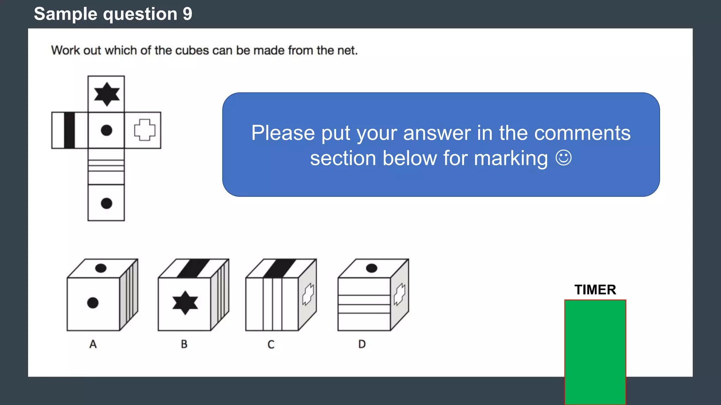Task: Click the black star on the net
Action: click(107, 94)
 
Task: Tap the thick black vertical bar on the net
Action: click(69, 130)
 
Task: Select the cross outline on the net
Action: click(144, 130)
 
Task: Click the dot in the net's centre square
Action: click(106, 130)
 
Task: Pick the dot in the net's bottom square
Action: click(106, 203)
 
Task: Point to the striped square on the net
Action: click(106, 166)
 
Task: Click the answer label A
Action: click(93, 344)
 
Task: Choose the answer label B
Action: click(184, 344)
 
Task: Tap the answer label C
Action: click(271, 344)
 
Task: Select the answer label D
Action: click(362, 344)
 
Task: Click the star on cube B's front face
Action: click(185, 303)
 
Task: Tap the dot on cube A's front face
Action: click(93, 303)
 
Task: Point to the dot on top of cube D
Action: click(371, 268)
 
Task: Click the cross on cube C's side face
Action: click(308, 294)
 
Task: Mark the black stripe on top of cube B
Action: click(193, 268)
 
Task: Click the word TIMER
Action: click(595, 290)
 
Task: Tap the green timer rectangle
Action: click(595, 352)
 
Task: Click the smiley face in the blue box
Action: click(563, 158)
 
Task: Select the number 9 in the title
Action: click(187, 14)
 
